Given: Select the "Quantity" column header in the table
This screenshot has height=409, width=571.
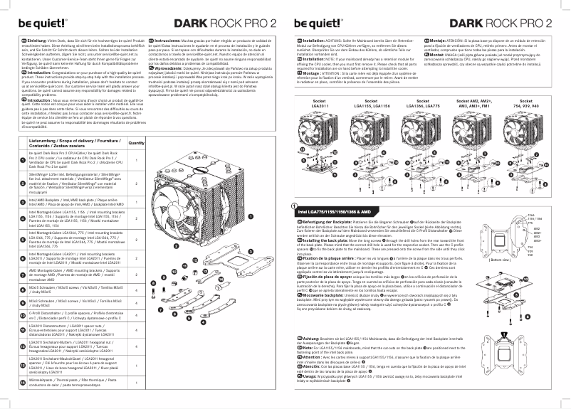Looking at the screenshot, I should click(135, 143).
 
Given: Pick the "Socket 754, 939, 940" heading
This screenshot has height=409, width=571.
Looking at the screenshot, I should click(523, 104).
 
